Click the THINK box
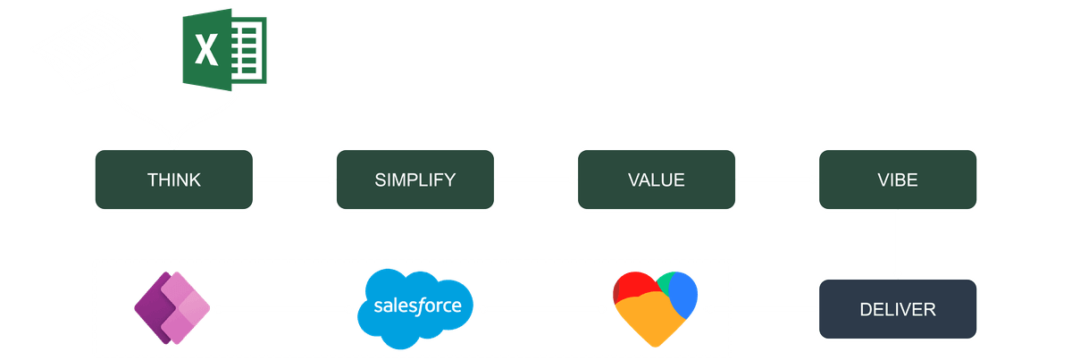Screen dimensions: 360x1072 (x=174, y=180)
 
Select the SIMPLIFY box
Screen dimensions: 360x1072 (x=415, y=180)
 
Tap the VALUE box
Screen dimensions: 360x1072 (x=656, y=180)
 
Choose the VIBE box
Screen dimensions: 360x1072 (x=898, y=180)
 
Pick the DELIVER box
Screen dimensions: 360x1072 (x=898, y=310)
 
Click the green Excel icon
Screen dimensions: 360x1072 (x=224, y=46)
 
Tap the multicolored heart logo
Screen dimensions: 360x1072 (x=656, y=308)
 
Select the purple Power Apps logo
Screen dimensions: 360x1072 (x=172, y=308)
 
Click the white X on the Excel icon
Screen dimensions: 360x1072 (x=206, y=49)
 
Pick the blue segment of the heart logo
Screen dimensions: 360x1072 (x=683, y=291)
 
